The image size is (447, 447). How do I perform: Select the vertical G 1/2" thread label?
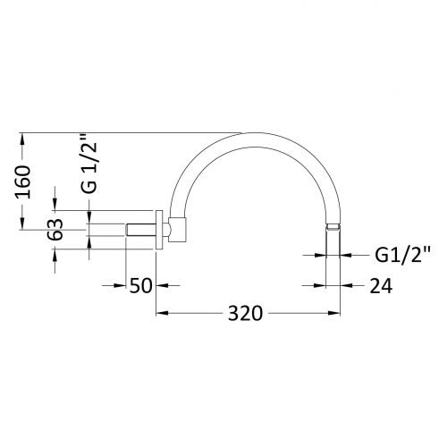pos(89,166)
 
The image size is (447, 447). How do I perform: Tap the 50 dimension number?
pos(141,286)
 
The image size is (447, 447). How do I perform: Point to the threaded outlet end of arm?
pos(334,230)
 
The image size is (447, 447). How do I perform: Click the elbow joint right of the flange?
pos(178,229)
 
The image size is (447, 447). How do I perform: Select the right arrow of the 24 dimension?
pos(347,286)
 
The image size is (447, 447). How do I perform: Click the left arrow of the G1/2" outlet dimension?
pos(322,255)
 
